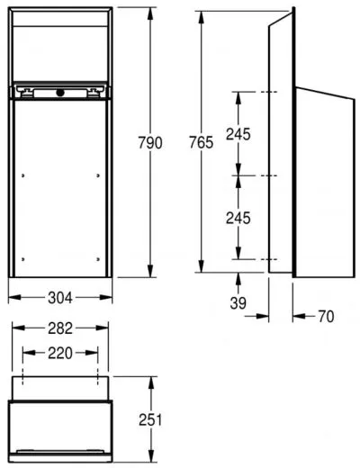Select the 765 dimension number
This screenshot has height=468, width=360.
204,142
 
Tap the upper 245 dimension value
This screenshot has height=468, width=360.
238,134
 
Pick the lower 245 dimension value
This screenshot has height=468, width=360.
238,218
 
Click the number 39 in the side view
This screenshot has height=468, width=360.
238,304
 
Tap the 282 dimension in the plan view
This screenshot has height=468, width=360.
60,328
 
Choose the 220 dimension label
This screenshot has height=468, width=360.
60,353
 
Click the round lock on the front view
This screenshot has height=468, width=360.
60,92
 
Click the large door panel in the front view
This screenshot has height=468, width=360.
60,189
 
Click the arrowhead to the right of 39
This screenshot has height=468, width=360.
265,316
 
